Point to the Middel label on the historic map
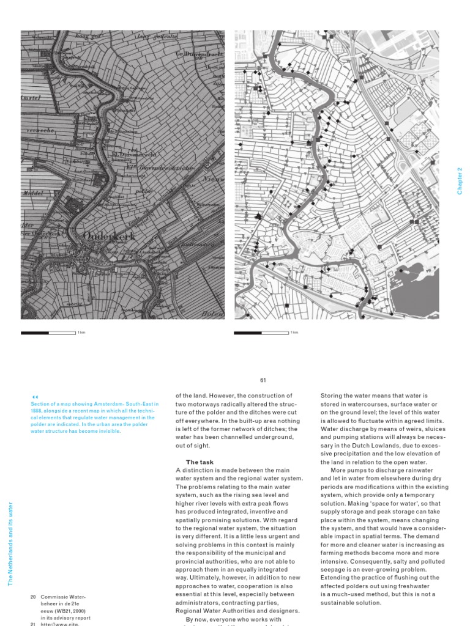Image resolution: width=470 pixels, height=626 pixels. (x=32, y=191)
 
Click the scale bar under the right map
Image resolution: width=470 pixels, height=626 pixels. (x=261, y=333)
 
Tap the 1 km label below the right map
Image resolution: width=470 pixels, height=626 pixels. (x=294, y=333)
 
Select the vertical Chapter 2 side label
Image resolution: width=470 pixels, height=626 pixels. (x=460, y=181)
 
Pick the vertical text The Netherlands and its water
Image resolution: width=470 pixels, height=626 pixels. (x=10, y=543)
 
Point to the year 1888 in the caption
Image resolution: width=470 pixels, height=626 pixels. (x=37, y=410)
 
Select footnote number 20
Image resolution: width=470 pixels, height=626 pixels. (x=34, y=596)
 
